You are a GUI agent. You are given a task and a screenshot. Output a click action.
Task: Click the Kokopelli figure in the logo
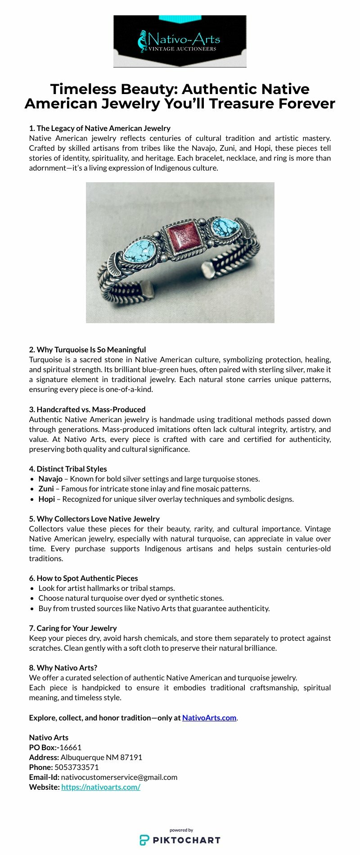(x=143, y=41)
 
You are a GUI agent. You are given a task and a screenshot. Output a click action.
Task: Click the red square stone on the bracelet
(x=183, y=239)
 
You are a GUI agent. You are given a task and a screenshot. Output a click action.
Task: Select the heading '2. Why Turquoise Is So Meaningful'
(x=87, y=350)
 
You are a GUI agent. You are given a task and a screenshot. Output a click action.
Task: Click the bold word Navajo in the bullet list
(x=50, y=479)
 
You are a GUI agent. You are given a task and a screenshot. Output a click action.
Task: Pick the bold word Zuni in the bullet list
(x=46, y=489)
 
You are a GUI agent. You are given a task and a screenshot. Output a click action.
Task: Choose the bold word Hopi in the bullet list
(x=46, y=499)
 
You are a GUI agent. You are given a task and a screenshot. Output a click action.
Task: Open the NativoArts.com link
(x=209, y=718)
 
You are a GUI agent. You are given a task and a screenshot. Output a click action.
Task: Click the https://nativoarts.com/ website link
(x=101, y=787)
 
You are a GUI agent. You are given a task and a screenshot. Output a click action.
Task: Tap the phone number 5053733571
(x=76, y=767)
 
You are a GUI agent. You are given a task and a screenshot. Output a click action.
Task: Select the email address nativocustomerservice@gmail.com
(x=119, y=777)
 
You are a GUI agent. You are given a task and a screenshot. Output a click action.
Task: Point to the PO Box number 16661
(x=71, y=747)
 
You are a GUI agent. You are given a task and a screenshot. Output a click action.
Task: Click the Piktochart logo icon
(x=144, y=840)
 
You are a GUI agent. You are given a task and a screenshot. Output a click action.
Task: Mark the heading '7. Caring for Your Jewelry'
(x=73, y=628)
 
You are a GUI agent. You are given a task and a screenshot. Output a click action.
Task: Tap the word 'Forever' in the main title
(x=306, y=103)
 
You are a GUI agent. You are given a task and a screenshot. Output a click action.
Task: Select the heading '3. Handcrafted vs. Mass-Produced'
(x=87, y=409)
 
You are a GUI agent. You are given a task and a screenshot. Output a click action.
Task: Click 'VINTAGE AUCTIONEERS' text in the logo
(x=182, y=49)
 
